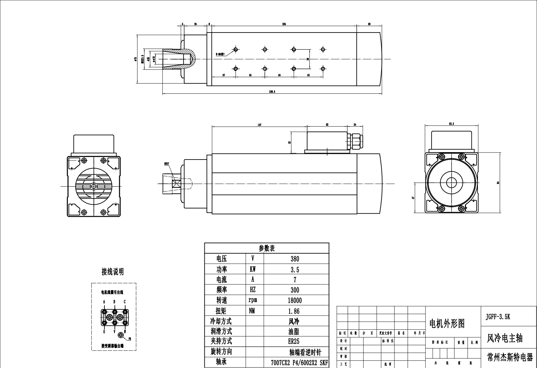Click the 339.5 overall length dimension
click(272, 92)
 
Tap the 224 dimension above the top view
click(284, 24)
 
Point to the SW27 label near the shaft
click(166, 164)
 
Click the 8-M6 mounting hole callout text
click(220, 54)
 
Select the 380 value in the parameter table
click(294, 259)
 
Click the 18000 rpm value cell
click(294, 300)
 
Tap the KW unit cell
click(253, 269)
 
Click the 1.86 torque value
click(294, 311)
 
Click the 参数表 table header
click(267, 248)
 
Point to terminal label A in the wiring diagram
click(104, 302)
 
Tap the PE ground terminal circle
click(121, 335)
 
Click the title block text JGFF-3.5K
click(497, 317)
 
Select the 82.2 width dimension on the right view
click(451, 124)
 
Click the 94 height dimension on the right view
click(498, 182)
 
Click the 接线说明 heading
click(112, 272)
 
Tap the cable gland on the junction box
click(356, 141)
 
